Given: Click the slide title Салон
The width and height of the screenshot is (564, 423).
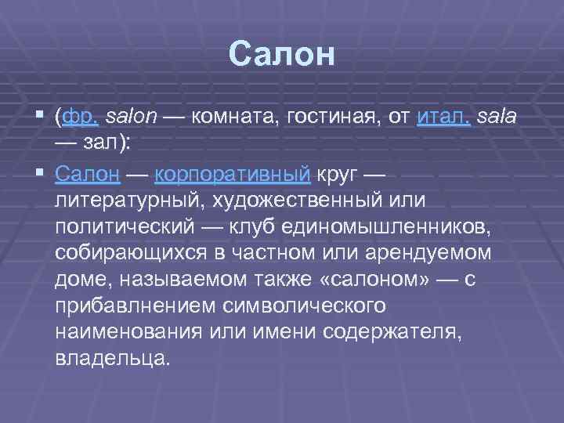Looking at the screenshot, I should click(282, 54).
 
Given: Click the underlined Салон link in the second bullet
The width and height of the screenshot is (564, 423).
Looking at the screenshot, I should click(87, 172).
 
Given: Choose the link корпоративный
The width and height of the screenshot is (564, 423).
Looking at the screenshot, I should click(233, 172).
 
